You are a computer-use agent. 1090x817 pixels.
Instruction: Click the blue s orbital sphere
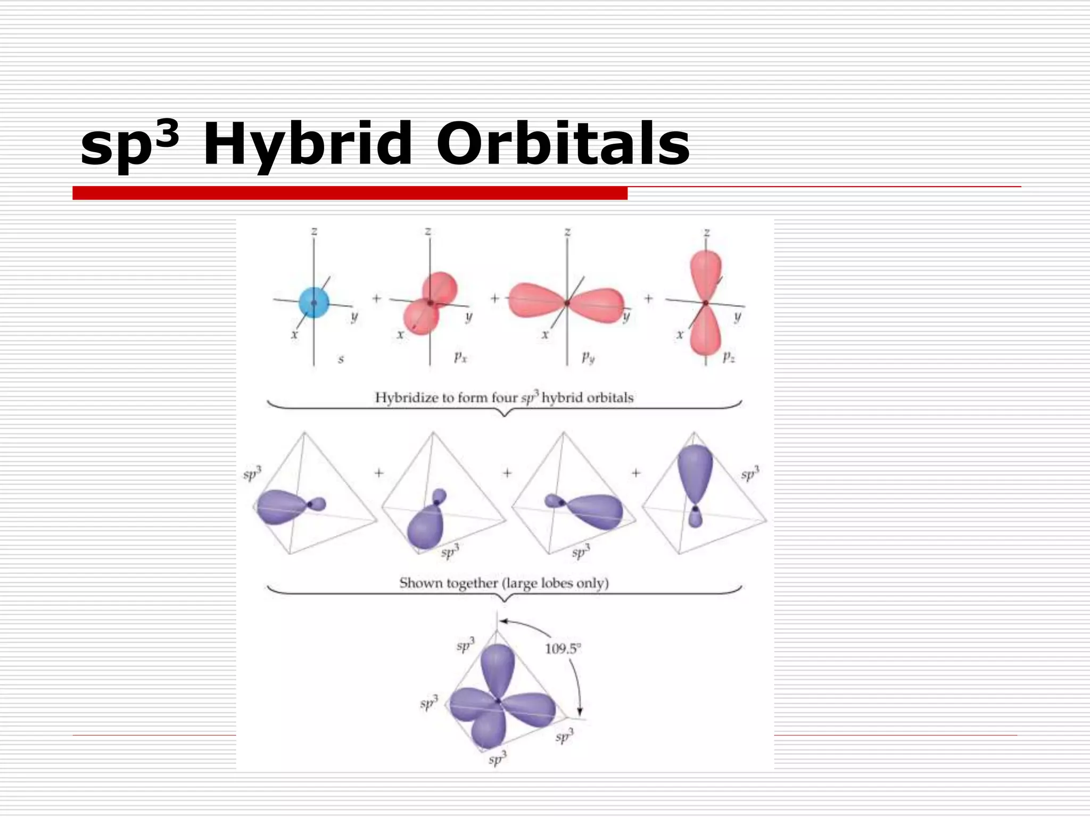tap(314, 303)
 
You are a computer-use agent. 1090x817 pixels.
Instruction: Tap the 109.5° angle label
tap(563, 648)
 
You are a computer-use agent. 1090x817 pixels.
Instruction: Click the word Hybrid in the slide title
tap(307, 144)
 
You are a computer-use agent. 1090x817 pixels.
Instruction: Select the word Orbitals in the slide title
tap(563, 144)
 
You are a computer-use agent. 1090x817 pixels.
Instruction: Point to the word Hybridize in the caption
tap(406, 397)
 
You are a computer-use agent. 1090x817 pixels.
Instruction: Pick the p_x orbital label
tap(460, 357)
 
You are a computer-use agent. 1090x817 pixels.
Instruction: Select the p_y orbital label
tap(588, 357)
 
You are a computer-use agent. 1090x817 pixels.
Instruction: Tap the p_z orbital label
tap(729, 357)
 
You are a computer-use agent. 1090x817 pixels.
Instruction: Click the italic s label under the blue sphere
tap(341, 359)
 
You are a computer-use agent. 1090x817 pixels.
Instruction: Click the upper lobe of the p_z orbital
tap(706, 274)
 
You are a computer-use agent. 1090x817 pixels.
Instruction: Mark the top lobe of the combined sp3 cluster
tap(498, 668)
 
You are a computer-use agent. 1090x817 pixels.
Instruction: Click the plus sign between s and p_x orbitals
tap(377, 298)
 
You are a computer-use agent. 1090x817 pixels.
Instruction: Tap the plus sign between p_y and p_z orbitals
tap(648, 298)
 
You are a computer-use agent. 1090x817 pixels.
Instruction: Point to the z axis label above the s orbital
tap(314, 231)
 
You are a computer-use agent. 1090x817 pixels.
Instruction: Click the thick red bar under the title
tap(350, 193)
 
